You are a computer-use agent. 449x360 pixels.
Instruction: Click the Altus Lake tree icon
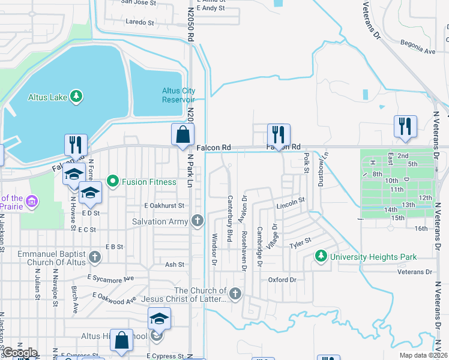pos(76,96)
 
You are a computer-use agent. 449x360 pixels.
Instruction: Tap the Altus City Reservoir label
pos(178,95)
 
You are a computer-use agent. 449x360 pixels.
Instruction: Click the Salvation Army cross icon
pos(197,221)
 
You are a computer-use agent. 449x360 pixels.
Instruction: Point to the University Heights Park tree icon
pos(321,257)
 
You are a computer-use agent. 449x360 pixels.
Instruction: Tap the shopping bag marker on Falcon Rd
pos(183,134)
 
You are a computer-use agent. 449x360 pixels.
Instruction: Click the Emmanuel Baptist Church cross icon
pos(94,258)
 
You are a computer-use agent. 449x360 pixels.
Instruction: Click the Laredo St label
pos(140,22)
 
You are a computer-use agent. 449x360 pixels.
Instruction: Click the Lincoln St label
pos(291,205)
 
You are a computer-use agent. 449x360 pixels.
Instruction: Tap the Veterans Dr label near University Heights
pos(415,272)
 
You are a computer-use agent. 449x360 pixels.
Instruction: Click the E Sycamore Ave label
pos(110,278)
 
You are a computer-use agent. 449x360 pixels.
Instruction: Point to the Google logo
pos(19,353)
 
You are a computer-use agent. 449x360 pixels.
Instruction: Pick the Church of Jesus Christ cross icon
pos(235,294)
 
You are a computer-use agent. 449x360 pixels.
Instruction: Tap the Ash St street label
pos(174,264)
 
